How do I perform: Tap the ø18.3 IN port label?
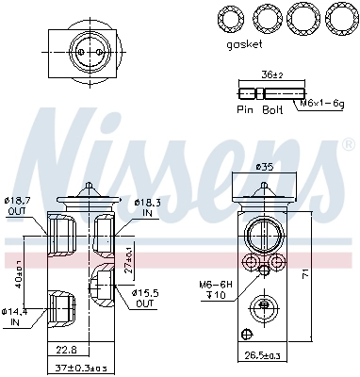(149, 207)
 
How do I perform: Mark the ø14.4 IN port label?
(16, 316)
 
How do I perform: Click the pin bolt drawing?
(270, 92)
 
